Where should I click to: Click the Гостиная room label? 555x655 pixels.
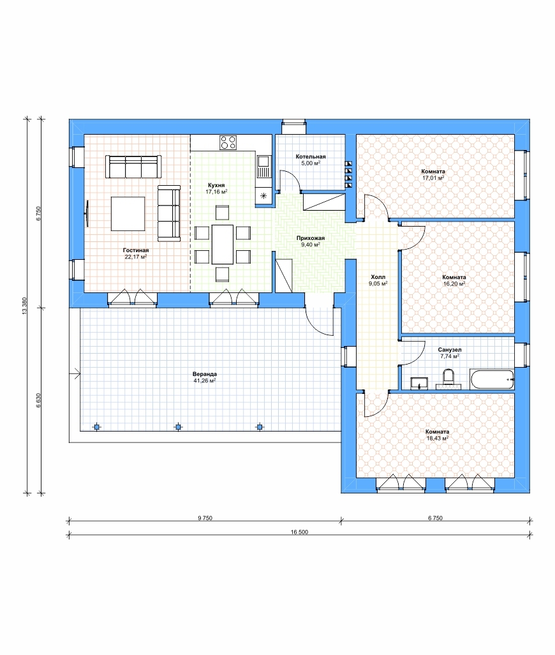click(x=136, y=250)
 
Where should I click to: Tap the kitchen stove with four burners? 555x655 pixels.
click(x=228, y=142)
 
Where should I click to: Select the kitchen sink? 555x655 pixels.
click(x=263, y=166)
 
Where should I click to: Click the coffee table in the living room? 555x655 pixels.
click(x=128, y=213)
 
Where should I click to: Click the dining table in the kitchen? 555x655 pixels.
click(x=223, y=244)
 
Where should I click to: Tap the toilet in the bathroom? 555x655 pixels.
click(x=448, y=378)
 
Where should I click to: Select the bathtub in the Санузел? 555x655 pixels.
click(x=492, y=379)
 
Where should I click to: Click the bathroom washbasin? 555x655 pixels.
click(x=418, y=383)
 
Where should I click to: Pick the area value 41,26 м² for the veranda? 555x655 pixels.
click(x=204, y=381)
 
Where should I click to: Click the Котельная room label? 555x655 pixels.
click(x=311, y=156)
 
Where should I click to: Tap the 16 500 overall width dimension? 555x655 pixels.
click(x=299, y=532)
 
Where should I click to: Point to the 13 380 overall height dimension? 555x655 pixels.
click(x=24, y=307)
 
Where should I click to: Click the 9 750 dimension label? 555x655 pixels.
click(x=205, y=518)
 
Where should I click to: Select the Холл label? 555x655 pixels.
click(x=378, y=277)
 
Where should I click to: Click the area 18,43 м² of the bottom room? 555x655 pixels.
click(x=437, y=439)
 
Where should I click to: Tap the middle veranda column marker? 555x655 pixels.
click(x=178, y=427)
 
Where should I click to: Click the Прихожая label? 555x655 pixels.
click(x=311, y=238)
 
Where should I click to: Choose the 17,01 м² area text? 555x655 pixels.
click(x=433, y=178)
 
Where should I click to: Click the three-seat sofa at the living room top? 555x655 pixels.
click(x=133, y=166)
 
